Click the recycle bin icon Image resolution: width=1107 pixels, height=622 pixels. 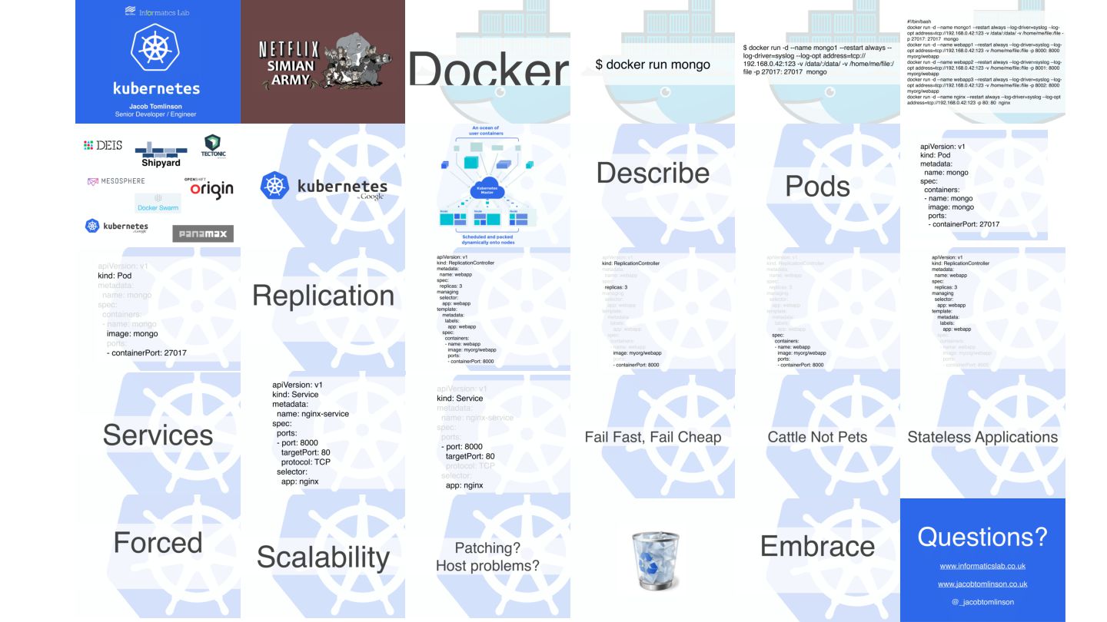click(652, 561)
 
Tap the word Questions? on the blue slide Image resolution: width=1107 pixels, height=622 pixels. click(982, 536)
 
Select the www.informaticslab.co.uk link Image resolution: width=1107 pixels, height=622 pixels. click(982, 566)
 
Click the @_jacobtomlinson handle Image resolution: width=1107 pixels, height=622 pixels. click(982, 602)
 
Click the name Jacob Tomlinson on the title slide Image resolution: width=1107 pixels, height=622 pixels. click(158, 106)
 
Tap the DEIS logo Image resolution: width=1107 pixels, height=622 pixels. click(103, 145)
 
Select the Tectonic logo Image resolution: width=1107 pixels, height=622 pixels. click(211, 146)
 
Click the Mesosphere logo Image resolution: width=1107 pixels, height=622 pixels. click(116, 181)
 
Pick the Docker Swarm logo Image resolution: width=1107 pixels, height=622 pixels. click(158, 203)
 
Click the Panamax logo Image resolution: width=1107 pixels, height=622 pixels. click(203, 233)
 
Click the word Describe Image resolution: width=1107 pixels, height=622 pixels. click(652, 173)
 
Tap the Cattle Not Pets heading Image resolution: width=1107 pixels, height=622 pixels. click(817, 437)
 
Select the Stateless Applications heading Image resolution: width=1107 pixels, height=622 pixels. click(982, 437)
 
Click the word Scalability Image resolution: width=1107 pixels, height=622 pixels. click(323, 557)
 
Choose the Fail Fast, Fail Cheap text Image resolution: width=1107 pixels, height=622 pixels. click(653, 437)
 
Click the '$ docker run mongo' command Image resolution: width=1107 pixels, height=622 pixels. click(653, 65)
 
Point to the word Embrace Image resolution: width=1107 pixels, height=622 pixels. click(817, 546)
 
